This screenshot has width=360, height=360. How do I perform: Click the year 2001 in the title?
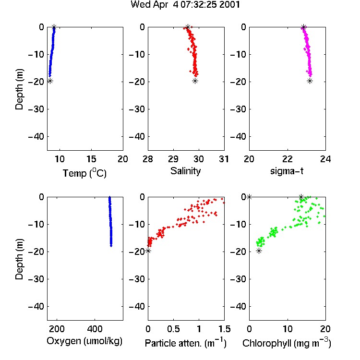coord(229,5)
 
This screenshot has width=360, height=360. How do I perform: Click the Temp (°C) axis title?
coord(84,173)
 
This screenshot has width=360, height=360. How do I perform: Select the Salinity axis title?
coord(185,171)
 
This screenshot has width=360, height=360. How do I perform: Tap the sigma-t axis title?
coord(287,171)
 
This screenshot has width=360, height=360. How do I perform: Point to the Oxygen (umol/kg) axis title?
coord(84,341)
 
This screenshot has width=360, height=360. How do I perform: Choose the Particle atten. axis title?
coord(185,343)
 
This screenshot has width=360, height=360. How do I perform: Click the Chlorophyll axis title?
coord(287,343)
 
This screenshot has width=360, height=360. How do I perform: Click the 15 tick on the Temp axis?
coord(91,159)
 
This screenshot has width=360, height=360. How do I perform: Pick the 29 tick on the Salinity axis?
coord(173,159)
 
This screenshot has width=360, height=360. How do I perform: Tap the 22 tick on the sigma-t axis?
coord(288,159)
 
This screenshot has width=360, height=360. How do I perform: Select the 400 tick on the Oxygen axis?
coord(95,329)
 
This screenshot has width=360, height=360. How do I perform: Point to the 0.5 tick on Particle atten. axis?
coord(173,329)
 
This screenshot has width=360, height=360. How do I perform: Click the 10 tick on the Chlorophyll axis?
coord(288,329)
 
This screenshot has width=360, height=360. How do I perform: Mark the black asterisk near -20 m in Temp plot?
coord(50,81)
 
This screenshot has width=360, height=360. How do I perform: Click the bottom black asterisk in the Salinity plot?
coord(195,81)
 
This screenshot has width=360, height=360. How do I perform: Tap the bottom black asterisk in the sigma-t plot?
coord(310,81)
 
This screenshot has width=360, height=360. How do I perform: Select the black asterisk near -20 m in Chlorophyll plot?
coord(259,251)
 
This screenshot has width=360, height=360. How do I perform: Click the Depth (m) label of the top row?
coord(19,89)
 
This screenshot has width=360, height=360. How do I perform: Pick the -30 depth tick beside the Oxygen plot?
coord(36,279)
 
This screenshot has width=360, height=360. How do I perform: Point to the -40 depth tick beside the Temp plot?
coord(36,137)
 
